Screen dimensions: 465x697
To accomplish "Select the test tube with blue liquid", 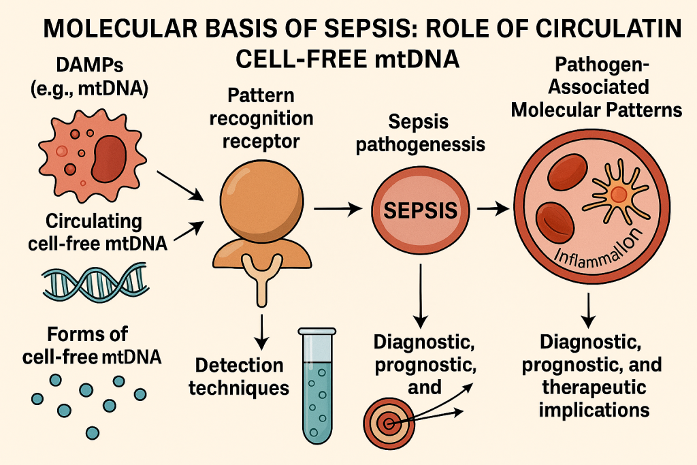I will coord(316,384).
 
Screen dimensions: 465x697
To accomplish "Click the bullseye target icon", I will coord(389,423).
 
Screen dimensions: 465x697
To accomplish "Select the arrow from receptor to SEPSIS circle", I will coord(338,210).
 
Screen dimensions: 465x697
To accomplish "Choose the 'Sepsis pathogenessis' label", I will coord(417,134).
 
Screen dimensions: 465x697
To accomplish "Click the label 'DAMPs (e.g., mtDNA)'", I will coord(95,78).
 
